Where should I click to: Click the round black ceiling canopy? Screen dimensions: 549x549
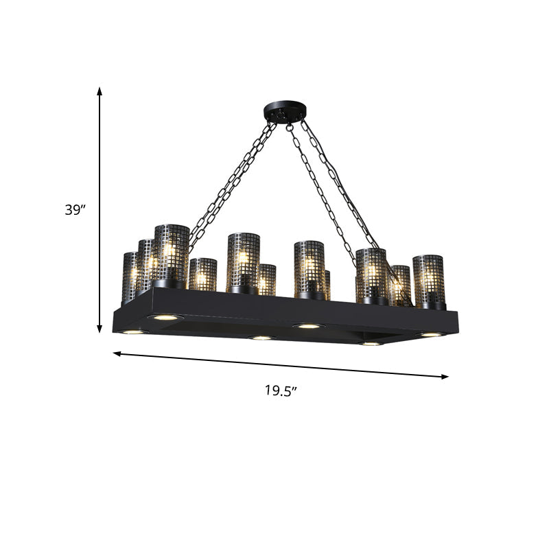coord(285,112)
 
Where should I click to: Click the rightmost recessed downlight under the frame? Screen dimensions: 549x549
coord(431,334)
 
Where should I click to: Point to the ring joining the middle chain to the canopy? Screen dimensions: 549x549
coord(289,126)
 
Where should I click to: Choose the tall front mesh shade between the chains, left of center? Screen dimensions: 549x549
coord(243,261)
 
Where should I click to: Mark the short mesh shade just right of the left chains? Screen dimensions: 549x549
coord(202,274)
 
